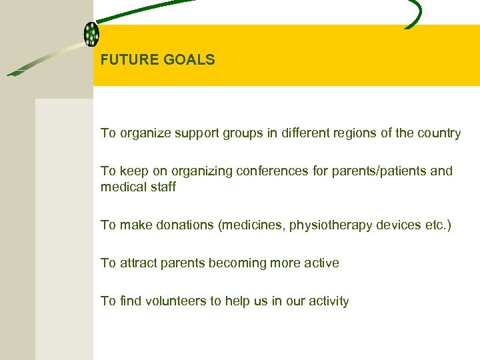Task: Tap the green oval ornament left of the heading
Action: coord(91,33)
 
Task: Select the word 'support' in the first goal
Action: coord(197,133)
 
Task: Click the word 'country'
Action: coord(439,133)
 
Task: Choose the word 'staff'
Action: coord(163,187)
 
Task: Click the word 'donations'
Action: coord(185,225)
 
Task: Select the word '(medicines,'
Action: coord(250,225)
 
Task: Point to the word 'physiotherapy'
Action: coord(327,225)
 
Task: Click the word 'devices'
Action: coord(397,225)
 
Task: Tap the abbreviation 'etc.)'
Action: coord(437,225)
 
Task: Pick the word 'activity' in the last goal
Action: coord(327,301)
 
